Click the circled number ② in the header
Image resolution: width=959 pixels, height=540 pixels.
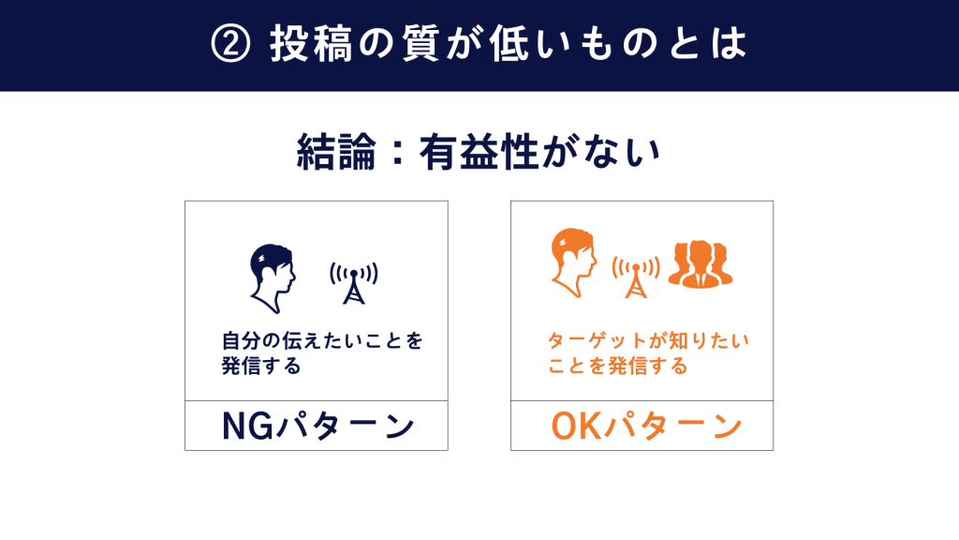tap(230, 44)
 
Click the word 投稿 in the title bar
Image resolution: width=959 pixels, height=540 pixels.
tap(311, 44)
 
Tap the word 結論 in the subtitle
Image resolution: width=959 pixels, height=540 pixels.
tap(336, 152)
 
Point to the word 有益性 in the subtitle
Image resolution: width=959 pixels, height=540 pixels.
tap(479, 152)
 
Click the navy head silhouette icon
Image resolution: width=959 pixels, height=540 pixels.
tap(273, 278)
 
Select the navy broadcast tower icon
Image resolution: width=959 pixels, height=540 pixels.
tap(353, 283)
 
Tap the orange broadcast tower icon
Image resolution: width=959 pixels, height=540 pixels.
tap(636, 277)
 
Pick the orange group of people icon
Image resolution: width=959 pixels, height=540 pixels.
tap(701, 263)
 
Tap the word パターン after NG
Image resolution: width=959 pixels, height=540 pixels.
tap(346, 427)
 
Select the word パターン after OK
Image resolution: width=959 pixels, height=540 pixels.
tap(672, 427)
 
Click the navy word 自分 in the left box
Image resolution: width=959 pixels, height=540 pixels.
tap(241, 340)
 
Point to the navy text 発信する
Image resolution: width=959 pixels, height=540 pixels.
tap(261, 367)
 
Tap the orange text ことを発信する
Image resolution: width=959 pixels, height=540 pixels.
tap(618, 367)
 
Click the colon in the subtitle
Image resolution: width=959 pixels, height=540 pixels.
tap(397, 153)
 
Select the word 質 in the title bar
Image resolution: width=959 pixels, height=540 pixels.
tap(421, 44)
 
